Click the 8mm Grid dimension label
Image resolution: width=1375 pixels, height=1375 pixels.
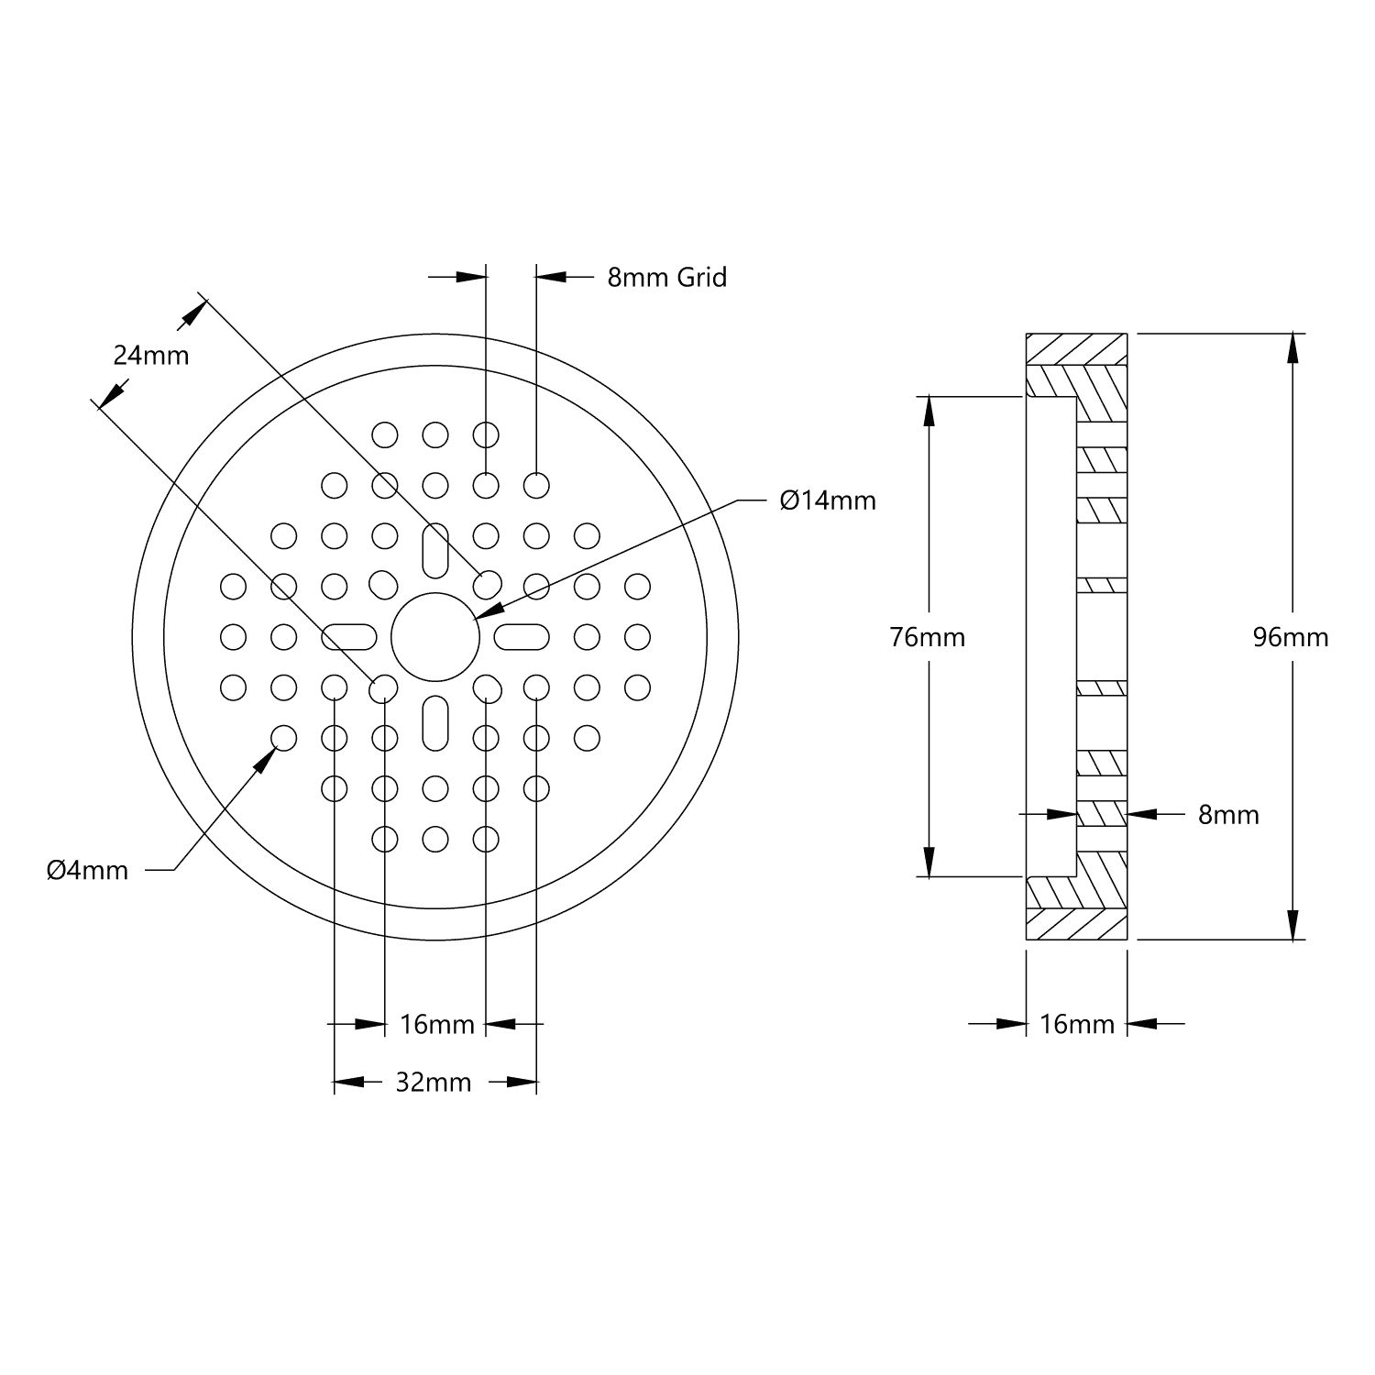point(666,277)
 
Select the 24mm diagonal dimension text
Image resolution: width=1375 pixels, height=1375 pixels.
point(151,355)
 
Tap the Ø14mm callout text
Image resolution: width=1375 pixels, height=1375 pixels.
point(828,500)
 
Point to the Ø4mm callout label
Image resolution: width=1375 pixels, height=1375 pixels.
point(88,870)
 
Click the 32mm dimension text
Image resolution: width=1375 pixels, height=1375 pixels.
point(434,1083)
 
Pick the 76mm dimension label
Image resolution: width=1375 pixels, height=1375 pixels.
point(928,637)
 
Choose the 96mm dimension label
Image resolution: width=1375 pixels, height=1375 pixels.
point(1291,637)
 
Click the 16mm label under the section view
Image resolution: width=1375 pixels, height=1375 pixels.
point(1077,1024)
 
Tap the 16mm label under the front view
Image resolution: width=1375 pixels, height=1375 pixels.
point(437,1024)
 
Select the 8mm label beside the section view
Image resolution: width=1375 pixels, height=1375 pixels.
point(1228,815)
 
